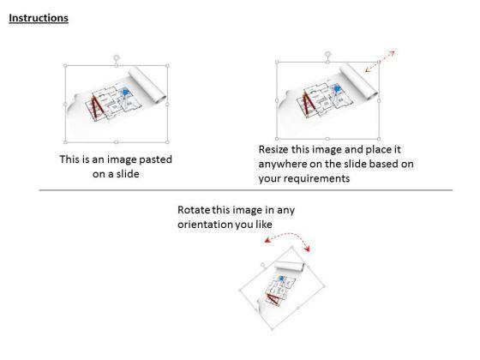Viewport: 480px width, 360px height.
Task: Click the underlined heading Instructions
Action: [39, 18]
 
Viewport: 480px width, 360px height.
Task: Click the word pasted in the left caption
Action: [155, 159]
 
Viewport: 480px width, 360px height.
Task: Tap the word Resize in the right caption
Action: [273, 149]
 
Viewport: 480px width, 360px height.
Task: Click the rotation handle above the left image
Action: [117, 57]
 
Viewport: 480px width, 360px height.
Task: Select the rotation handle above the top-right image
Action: [327, 54]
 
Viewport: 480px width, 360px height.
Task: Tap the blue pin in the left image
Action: [125, 93]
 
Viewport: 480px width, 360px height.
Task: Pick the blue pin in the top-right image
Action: [337, 89]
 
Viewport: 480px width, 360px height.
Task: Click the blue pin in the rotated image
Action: [281, 279]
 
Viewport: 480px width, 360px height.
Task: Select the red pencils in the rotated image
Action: [273, 297]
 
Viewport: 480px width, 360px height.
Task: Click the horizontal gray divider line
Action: [246, 190]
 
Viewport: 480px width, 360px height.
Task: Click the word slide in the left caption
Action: [128, 174]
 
